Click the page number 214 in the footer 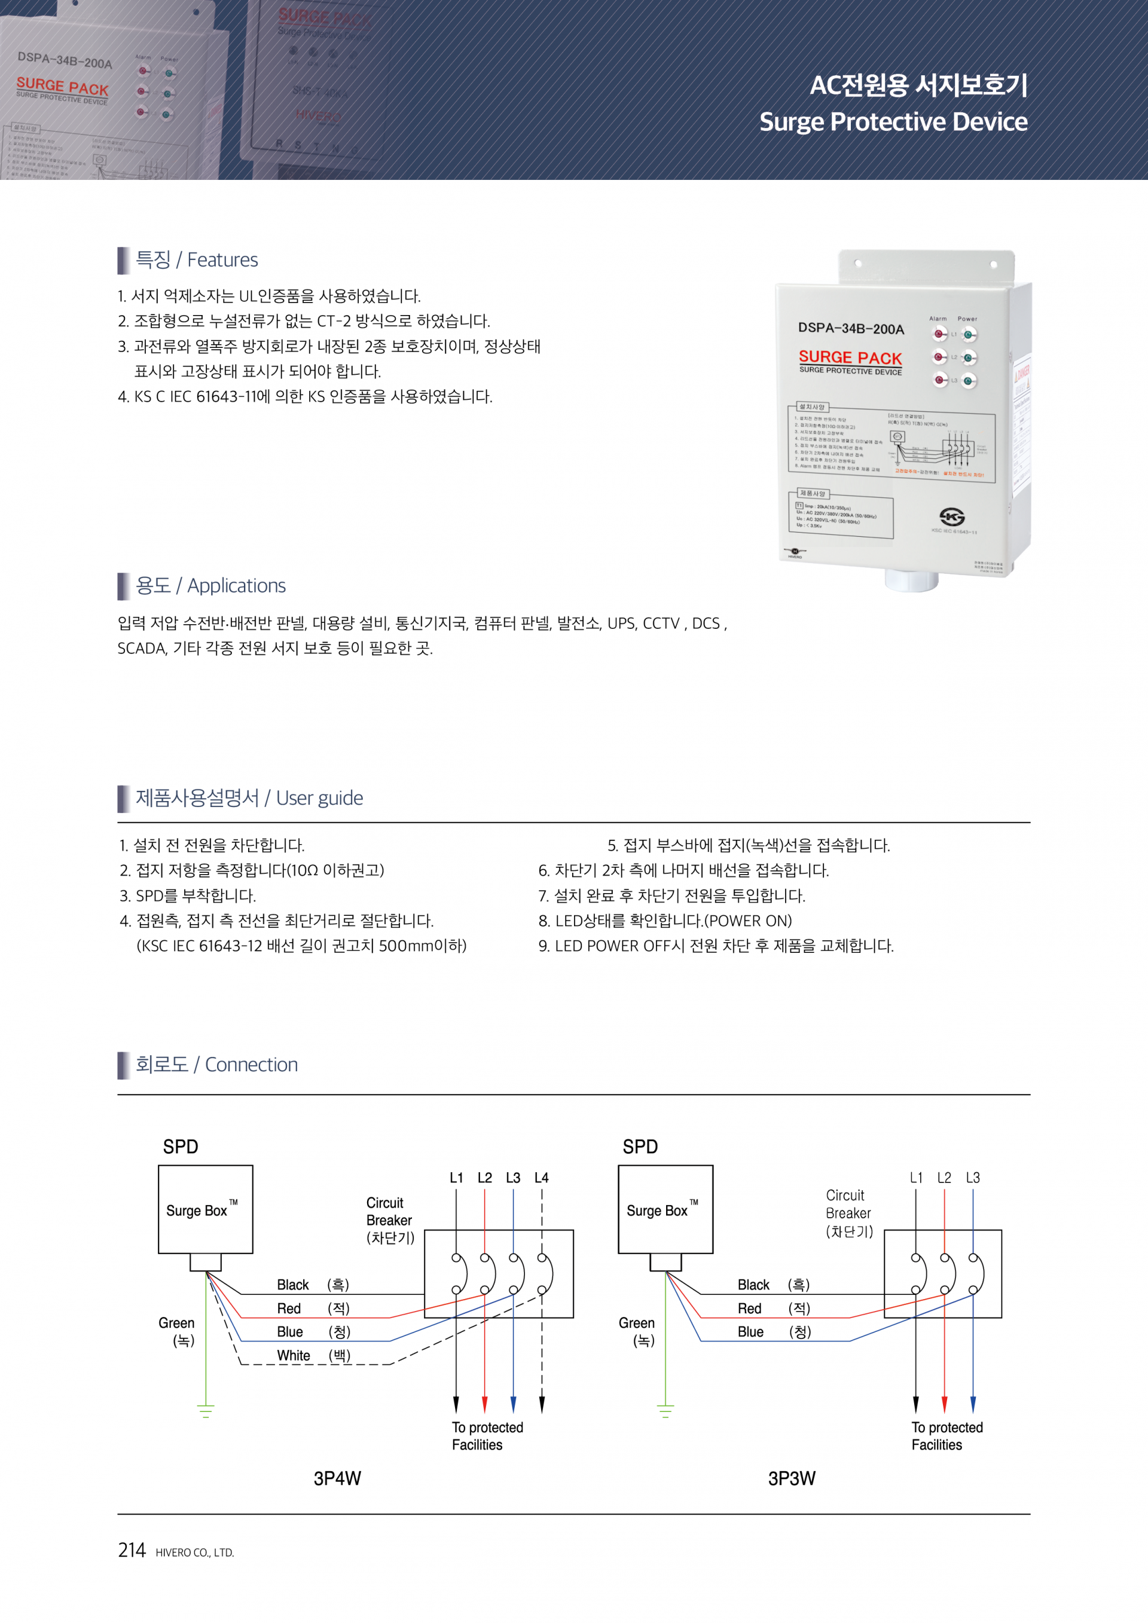point(132,1550)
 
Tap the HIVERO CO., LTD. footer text point(194,1552)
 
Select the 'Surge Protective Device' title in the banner point(893,121)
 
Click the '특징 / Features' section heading point(197,260)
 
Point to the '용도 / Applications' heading point(210,585)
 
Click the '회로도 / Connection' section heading point(216,1065)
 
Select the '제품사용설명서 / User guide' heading point(249,798)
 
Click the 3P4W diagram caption point(337,1478)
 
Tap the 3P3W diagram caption point(792,1478)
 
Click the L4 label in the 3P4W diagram point(542,1178)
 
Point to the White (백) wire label point(313,1355)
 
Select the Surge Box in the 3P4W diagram point(205,1209)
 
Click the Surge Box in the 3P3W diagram point(665,1209)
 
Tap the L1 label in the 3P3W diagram point(916,1178)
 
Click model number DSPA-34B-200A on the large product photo point(850,328)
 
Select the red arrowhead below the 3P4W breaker point(485,1404)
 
